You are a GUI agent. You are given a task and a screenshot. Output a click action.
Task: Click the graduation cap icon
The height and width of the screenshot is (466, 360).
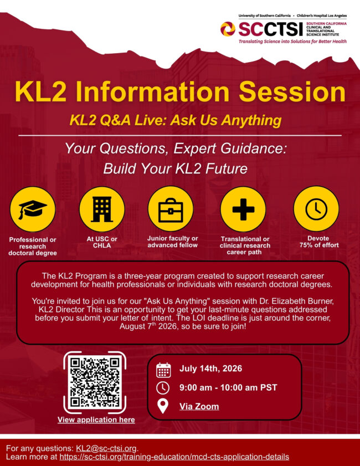(x=33, y=209)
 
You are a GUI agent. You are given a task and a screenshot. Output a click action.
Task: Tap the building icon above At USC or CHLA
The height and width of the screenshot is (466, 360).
(x=101, y=209)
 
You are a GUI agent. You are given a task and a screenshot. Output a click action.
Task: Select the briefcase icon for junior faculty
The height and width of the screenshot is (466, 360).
(x=171, y=209)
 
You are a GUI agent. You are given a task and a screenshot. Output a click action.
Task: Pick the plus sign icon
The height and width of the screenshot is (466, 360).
(x=243, y=209)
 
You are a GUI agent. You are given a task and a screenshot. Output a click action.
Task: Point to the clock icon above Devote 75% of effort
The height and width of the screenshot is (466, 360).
(x=316, y=209)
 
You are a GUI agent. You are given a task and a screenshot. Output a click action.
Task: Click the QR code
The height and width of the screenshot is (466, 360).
(x=95, y=383)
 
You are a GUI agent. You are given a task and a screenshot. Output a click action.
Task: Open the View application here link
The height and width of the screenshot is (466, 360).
(x=96, y=419)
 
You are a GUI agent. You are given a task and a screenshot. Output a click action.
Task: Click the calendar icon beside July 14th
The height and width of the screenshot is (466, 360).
(x=163, y=369)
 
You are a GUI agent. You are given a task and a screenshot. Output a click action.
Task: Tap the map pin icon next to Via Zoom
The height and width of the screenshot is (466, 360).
(x=163, y=407)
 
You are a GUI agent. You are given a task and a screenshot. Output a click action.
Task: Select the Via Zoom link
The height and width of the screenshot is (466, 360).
(x=199, y=407)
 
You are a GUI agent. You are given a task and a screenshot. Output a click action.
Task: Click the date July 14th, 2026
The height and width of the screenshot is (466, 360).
(x=210, y=369)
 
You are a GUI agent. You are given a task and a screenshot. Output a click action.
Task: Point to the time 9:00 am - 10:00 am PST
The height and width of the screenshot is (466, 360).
(x=228, y=387)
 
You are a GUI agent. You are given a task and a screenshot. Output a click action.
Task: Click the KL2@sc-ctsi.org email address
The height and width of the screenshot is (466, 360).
(x=106, y=448)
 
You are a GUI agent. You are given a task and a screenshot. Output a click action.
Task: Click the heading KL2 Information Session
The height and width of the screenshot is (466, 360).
(x=180, y=92)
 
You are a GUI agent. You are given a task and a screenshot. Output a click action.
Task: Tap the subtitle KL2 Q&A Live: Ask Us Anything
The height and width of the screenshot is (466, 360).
(x=176, y=120)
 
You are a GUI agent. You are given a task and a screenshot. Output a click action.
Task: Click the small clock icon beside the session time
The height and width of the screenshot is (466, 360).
(x=163, y=387)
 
